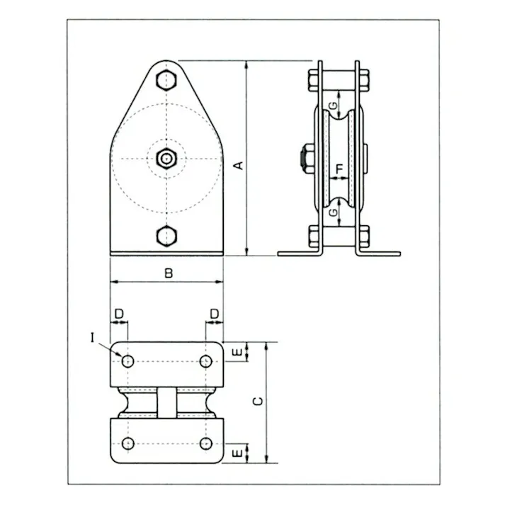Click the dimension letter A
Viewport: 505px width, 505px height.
239,165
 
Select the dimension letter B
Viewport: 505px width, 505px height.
168,272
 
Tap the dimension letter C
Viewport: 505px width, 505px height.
259,401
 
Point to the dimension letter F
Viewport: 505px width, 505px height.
341,168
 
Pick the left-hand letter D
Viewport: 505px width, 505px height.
119,312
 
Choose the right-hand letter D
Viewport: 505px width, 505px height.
214,312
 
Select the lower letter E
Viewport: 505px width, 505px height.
239,451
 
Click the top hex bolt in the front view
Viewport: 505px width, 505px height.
166,79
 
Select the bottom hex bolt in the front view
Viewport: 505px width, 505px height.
166,235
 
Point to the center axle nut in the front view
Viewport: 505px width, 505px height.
166,158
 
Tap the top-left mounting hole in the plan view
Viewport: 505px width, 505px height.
127,362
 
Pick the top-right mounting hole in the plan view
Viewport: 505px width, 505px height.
205,362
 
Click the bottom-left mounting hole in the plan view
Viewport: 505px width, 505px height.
127,443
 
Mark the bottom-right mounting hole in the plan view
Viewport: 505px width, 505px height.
205,443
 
